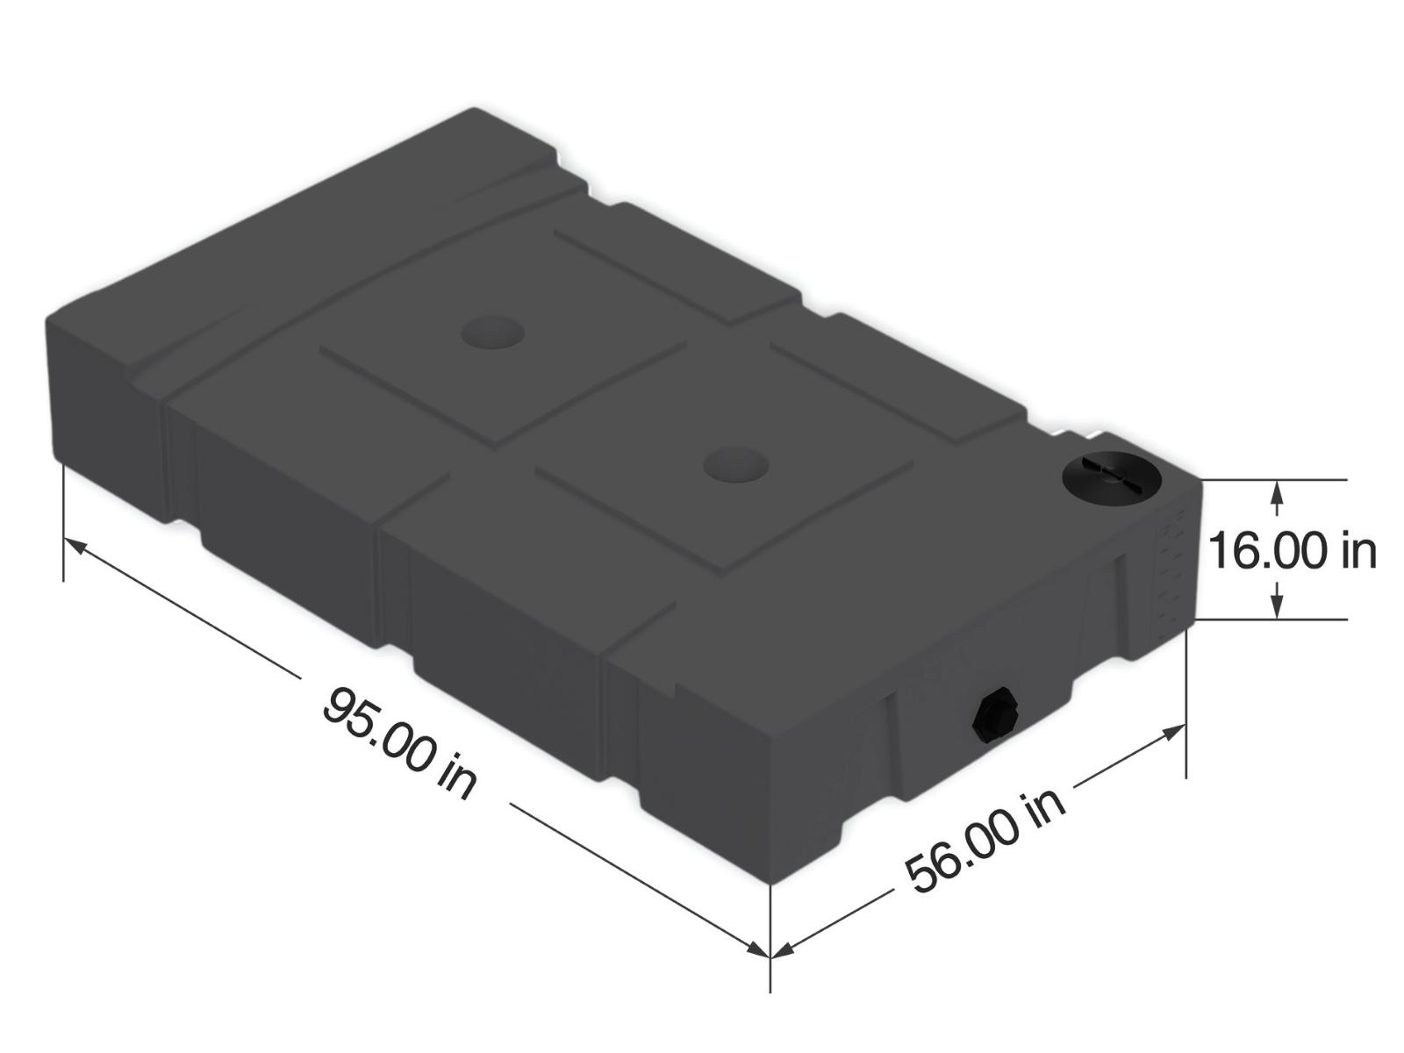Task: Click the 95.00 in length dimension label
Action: point(399,741)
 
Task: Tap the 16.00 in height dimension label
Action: point(1292,550)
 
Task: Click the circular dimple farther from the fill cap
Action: point(492,333)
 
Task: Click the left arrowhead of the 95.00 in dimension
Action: point(75,548)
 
